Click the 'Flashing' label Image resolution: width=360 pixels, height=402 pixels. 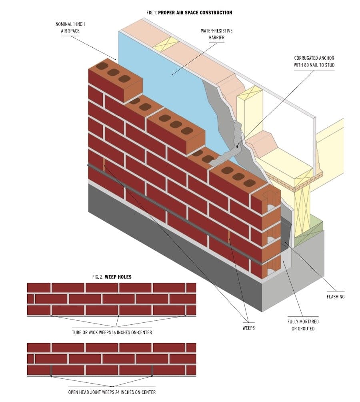(x=336, y=297)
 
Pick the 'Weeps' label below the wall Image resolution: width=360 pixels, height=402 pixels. (x=248, y=328)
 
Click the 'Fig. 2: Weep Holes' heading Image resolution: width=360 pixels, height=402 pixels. (x=112, y=277)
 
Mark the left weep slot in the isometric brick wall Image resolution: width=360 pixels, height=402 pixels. (x=104, y=165)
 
